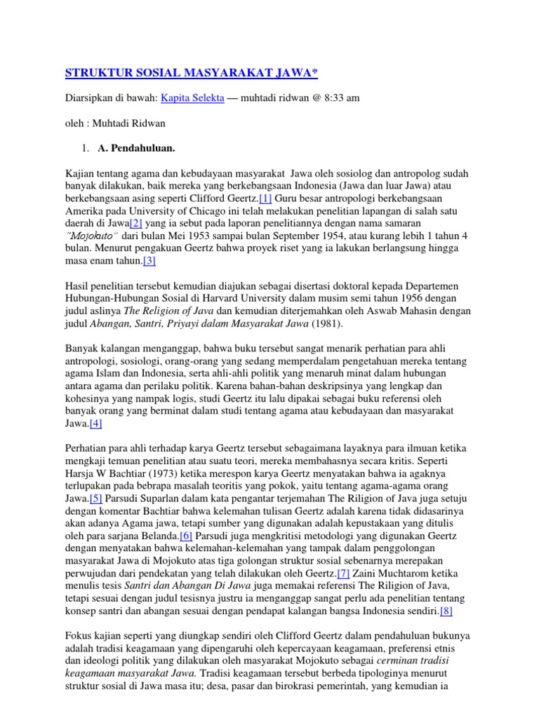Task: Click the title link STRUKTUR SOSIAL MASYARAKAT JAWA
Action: point(192,73)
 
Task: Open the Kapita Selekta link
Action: point(192,98)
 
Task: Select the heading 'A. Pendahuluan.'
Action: point(138,149)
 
